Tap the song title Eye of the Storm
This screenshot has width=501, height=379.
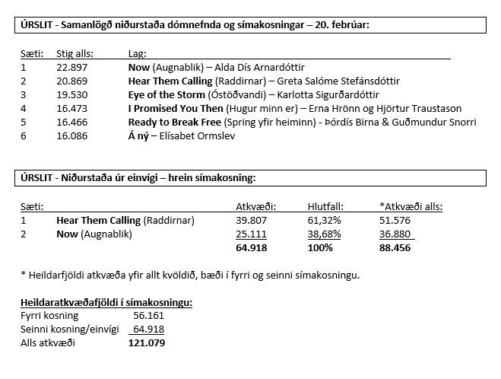[x=167, y=95]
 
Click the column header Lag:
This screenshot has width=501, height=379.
[x=138, y=54]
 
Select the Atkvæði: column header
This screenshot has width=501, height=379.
[x=256, y=206]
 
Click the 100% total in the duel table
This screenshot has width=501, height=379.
[x=320, y=247]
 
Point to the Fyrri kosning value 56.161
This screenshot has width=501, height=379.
[x=149, y=316]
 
